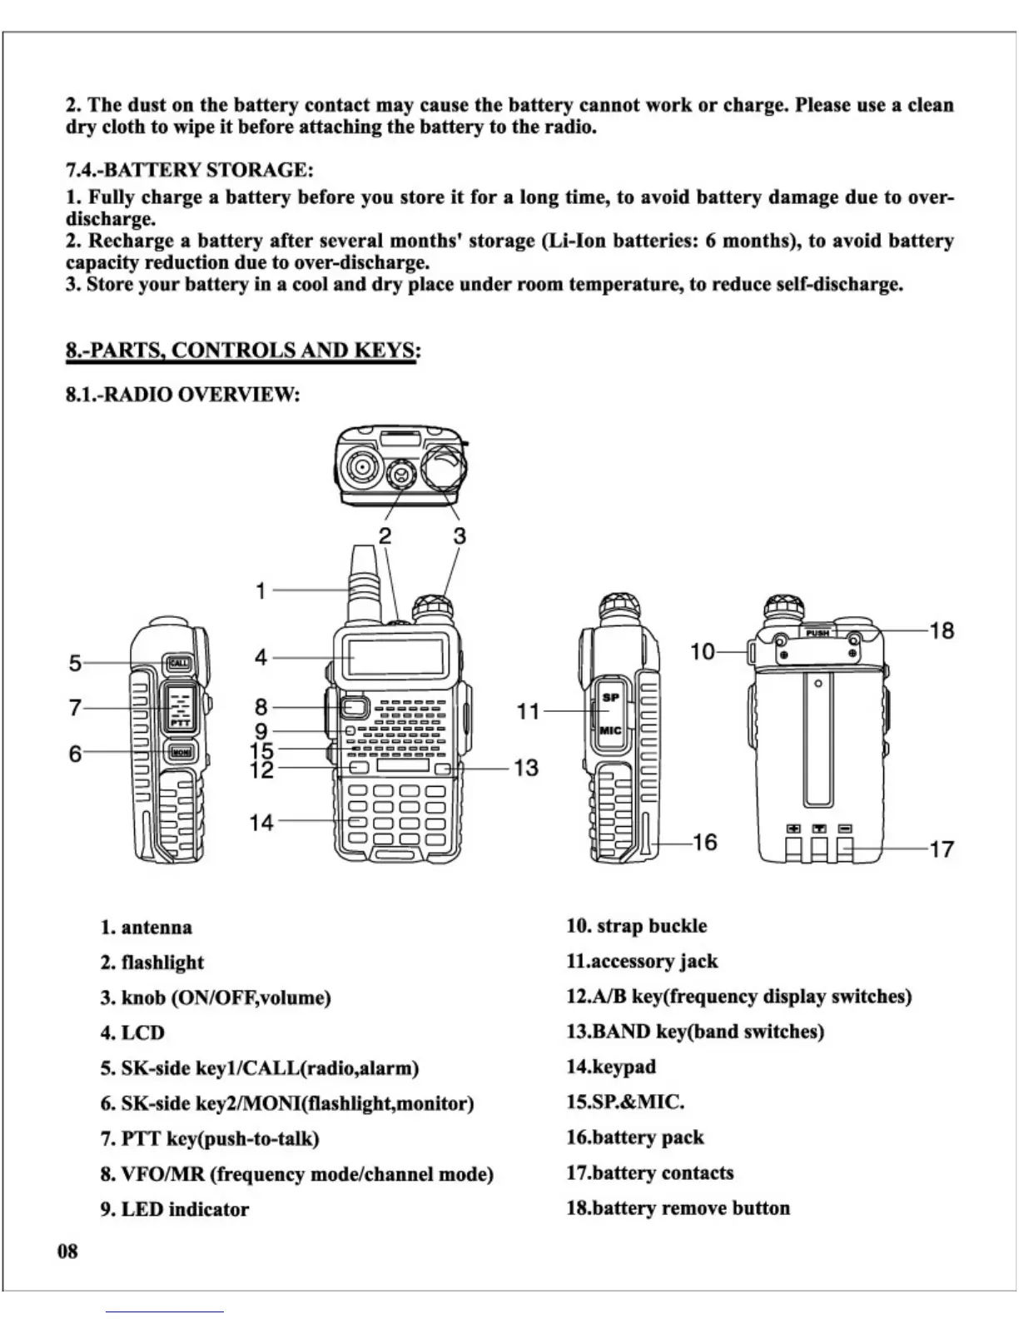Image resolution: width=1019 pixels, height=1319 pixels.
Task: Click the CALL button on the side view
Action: point(179,664)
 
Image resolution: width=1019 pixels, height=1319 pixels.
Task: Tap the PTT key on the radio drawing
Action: point(180,708)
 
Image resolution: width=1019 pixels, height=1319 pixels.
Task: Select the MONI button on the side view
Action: point(181,752)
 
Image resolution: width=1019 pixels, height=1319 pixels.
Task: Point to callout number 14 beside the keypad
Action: point(261,823)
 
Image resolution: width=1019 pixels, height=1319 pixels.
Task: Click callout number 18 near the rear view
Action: point(942,630)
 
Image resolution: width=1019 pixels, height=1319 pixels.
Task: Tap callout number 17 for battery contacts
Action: point(942,849)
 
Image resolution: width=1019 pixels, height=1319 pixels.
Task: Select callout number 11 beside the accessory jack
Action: point(528,711)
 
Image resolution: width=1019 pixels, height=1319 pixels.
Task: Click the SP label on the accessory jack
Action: point(610,697)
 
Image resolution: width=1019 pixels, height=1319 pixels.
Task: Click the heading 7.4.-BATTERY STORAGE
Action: point(190,170)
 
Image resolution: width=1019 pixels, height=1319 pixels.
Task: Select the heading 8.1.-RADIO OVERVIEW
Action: point(182,394)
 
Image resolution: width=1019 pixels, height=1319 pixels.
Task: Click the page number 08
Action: point(67,1251)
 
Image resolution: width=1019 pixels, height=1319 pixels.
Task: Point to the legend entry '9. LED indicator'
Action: point(175,1209)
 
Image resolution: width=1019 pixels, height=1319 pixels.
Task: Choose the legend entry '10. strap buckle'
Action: point(637,926)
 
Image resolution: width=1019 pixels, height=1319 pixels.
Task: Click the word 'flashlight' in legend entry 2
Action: point(162,963)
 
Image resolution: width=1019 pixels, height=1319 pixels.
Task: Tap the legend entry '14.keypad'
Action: point(611,1067)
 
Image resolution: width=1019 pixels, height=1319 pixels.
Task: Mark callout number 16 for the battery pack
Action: point(704,842)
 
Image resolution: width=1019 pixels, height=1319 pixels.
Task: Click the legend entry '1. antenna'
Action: point(147,928)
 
